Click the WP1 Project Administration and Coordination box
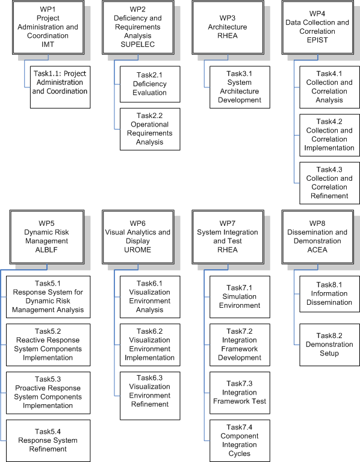(48, 27)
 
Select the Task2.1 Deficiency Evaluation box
(150, 84)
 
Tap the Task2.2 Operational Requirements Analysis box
(150, 129)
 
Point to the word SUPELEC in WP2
(137, 45)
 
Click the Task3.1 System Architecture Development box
(240, 87)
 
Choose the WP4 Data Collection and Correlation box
(318, 27)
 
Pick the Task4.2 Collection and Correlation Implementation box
(329, 136)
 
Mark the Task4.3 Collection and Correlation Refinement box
(329, 183)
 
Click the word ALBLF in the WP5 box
(46, 250)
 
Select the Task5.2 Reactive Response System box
(48, 345)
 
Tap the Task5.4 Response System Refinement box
(48, 441)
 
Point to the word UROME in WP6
(137, 250)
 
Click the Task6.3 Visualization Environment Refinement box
(150, 396)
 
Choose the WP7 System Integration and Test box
(228, 237)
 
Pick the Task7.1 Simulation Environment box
(240, 297)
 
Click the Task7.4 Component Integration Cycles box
(240, 441)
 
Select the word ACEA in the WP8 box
(317, 250)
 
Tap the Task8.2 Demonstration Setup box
(329, 345)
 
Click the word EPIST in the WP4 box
(317, 40)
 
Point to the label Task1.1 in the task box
(47, 73)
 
